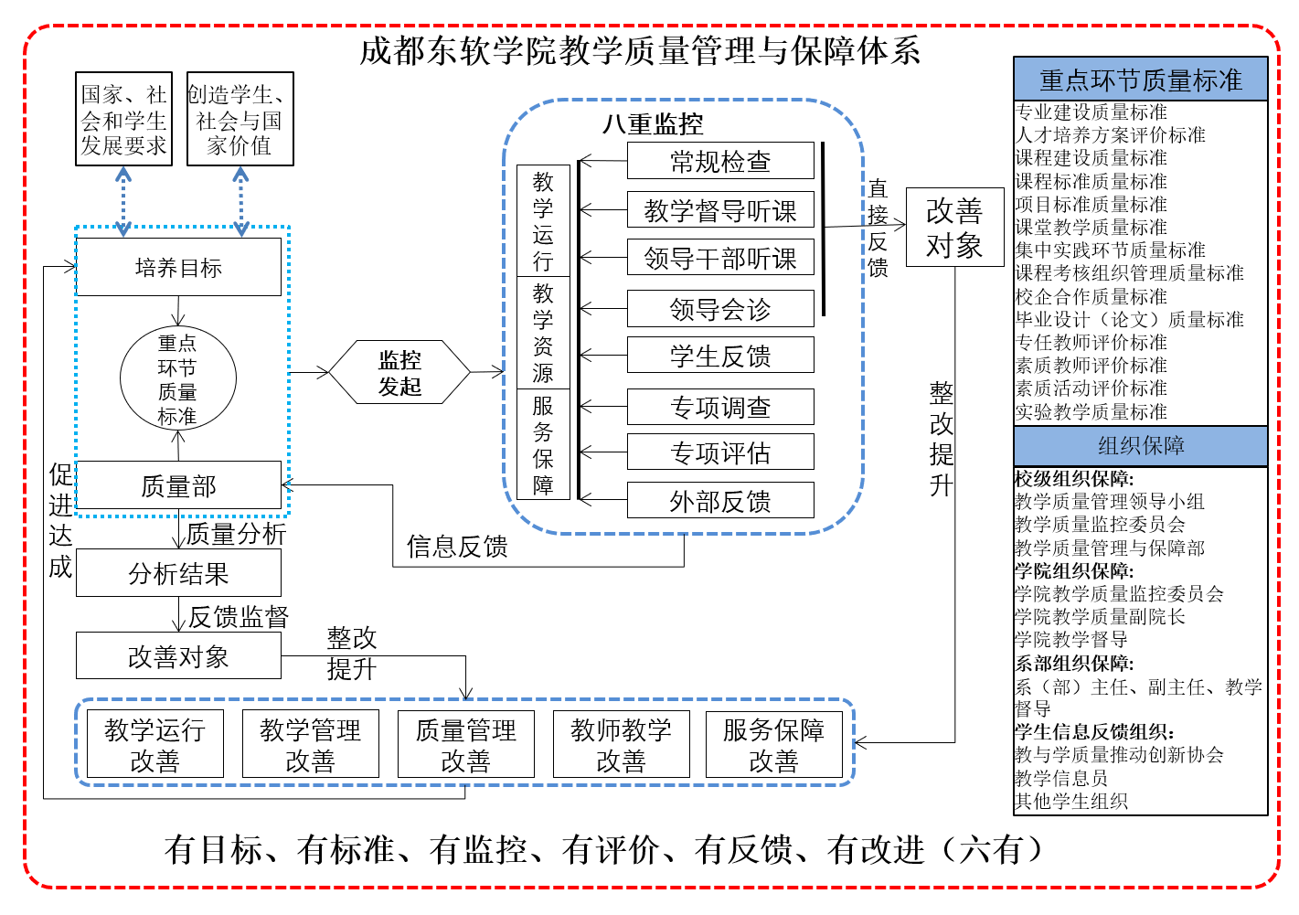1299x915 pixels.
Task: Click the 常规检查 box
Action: (x=720, y=161)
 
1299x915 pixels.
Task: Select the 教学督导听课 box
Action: (x=720, y=210)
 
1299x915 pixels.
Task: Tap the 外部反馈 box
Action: (x=720, y=501)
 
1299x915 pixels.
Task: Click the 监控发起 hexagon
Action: (x=399, y=373)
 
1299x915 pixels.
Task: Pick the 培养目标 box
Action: (x=178, y=268)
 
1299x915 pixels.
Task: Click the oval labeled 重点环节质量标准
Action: (x=177, y=378)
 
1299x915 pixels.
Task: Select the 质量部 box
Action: (x=178, y=485)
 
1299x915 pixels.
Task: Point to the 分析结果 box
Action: (x=178, y=573)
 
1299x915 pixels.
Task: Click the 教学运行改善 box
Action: (x=154, y=744)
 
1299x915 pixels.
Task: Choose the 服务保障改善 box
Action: (x=773, y=744)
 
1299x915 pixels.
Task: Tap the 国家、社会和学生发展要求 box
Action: (x=123, y=120)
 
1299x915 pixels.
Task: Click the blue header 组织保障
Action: (x=1140, y=446)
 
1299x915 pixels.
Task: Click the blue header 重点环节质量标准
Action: (x=1140, y=80)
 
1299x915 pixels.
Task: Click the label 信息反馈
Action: (x=457, y=547)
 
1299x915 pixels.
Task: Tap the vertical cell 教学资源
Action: (x=543, y=333)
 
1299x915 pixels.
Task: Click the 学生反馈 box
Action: (x=720, y=356)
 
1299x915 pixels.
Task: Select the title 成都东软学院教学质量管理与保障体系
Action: (x=640, y=50)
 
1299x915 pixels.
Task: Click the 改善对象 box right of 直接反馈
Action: (x=954, y=228)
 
